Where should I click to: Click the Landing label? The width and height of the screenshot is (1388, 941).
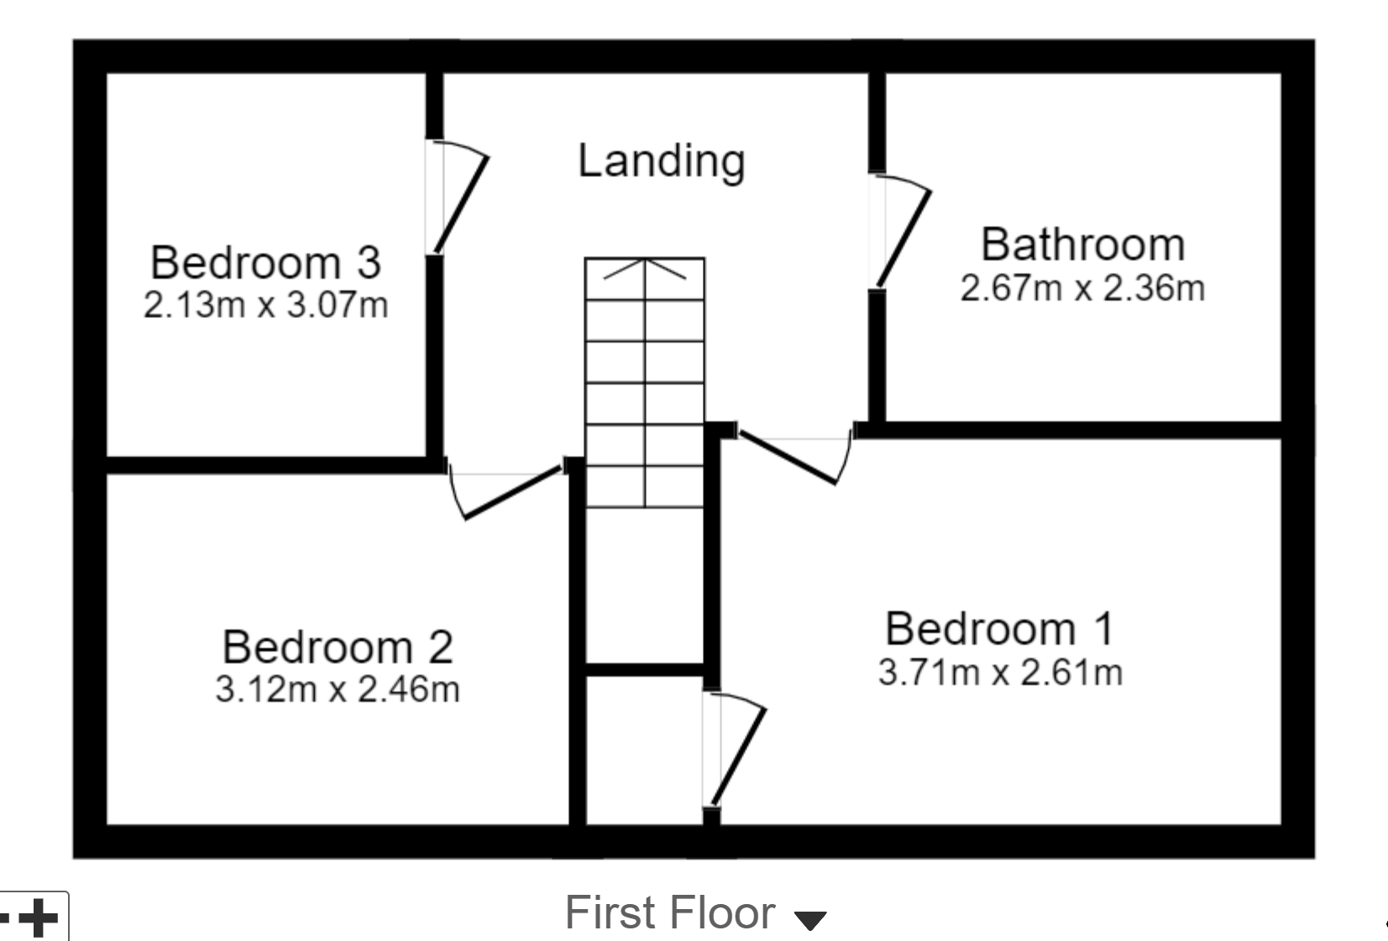point(661,160)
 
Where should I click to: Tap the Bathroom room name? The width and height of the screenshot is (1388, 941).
point(1082,244)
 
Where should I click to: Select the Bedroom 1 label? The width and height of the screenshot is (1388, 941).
point(999,629)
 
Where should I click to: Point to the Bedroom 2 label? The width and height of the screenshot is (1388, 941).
point(338,647)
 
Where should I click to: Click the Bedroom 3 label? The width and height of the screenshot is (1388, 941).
point(265,262)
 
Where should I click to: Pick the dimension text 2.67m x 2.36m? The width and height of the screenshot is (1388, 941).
point(1082,289)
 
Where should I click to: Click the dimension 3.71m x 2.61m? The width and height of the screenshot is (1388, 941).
point(1000,672)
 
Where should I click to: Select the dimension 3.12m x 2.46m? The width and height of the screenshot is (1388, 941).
point(338,690)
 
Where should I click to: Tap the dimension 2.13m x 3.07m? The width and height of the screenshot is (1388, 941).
point(265,305)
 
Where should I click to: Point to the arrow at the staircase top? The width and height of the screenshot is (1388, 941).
point(645,269)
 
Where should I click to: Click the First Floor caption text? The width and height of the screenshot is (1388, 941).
point(669,912)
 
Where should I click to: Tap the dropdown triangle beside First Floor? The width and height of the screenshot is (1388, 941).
point(810,921)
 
